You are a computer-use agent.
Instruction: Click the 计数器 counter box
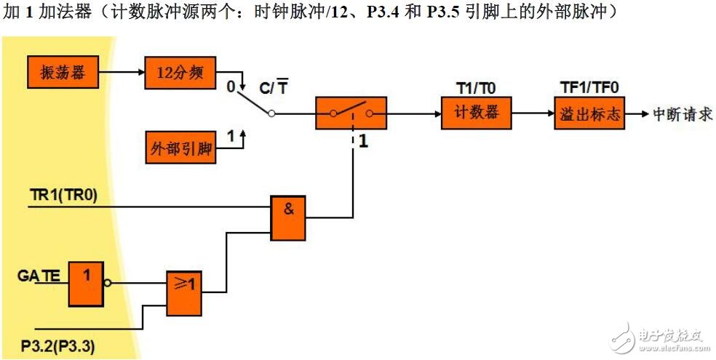(476, 113)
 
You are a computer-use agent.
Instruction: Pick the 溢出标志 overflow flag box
(589, 113)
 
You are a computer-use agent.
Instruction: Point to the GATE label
(39, 275)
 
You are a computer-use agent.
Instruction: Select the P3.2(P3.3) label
(57, 343)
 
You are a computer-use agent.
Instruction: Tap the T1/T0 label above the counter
(475, 88)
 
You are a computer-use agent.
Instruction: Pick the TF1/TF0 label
(589, 88)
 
